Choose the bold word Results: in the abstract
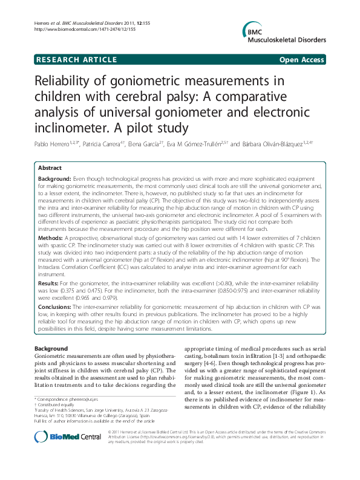click(x=49, y=282)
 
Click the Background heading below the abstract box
click(x=51, y=349)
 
